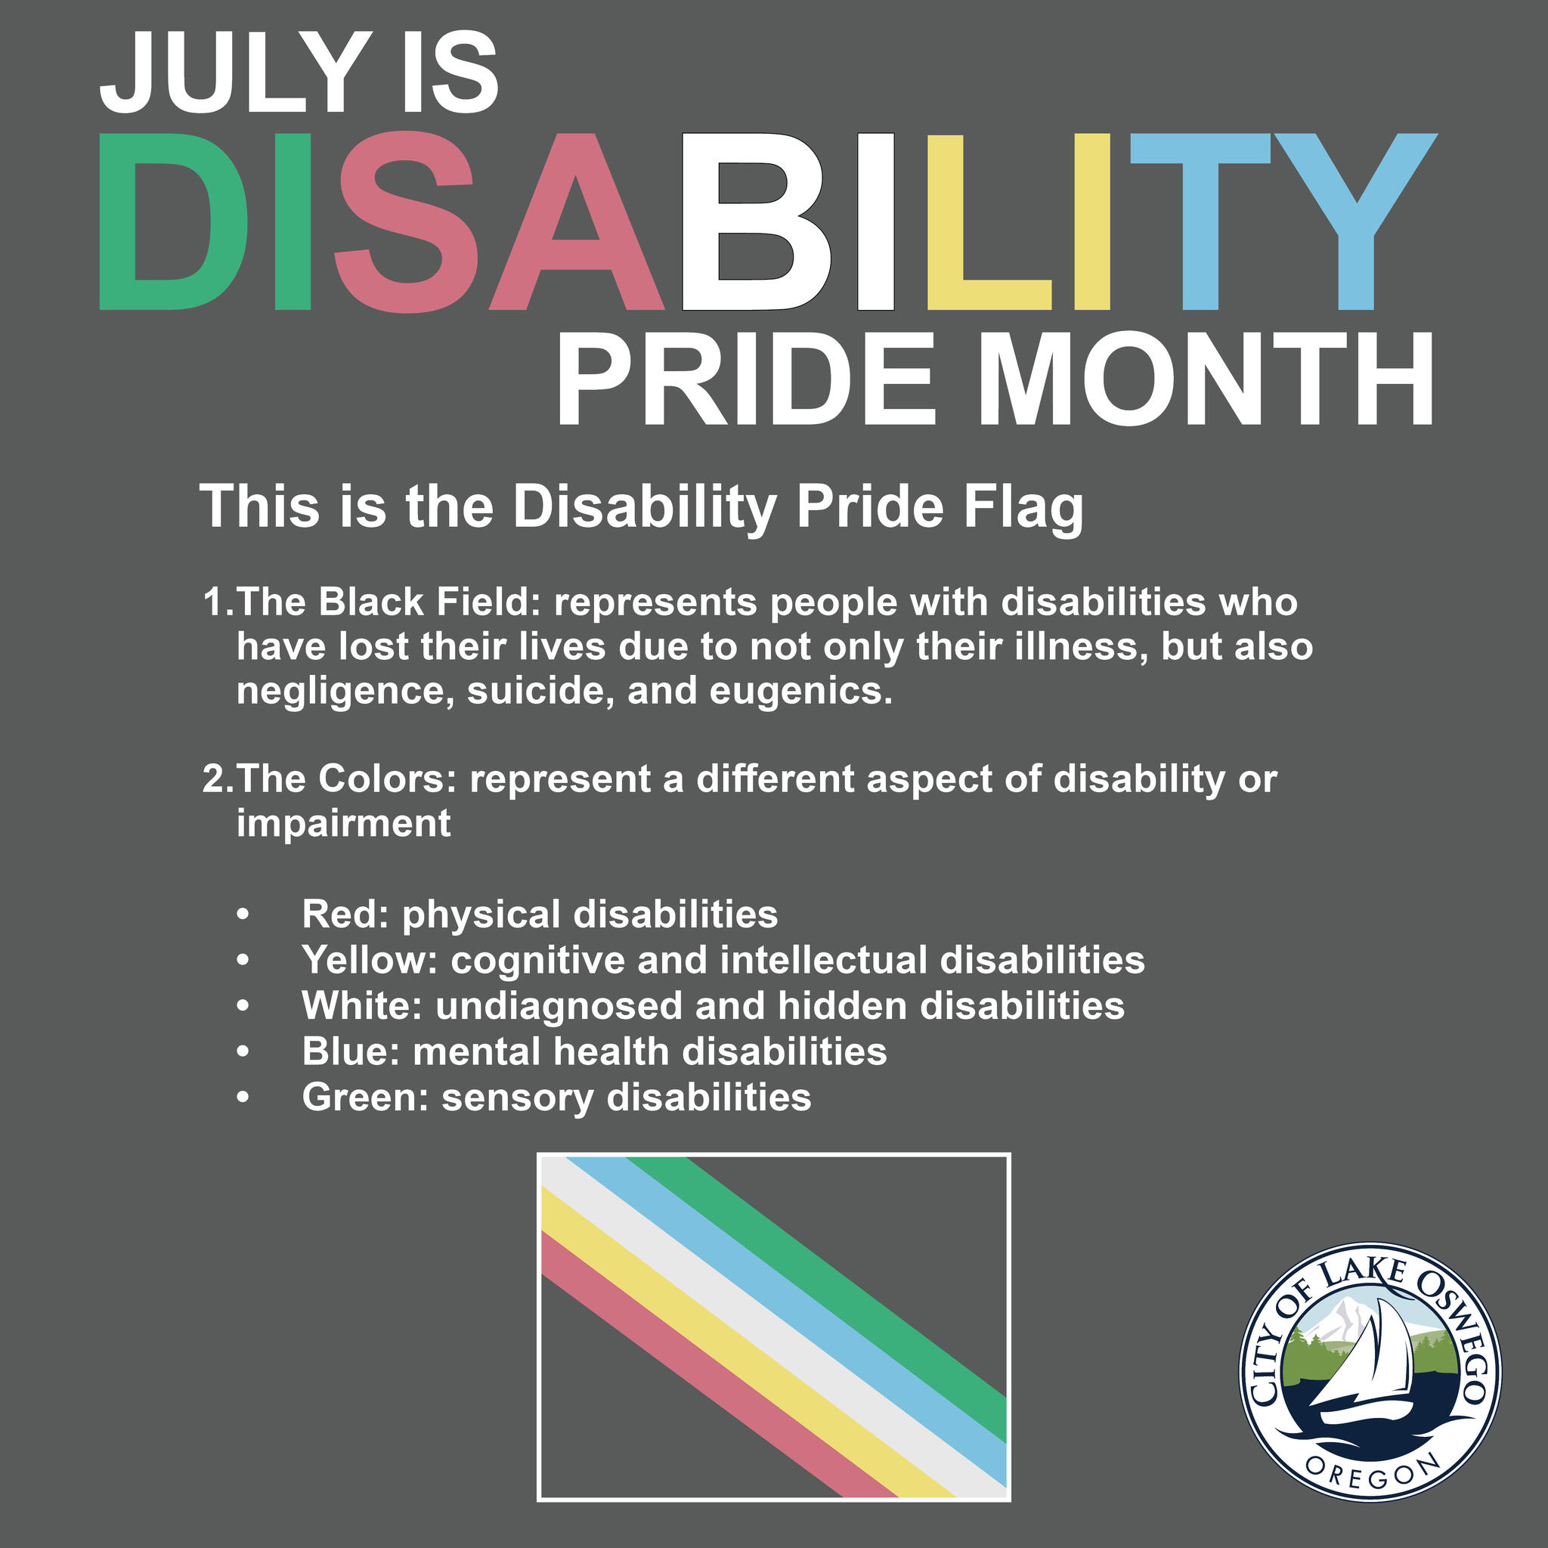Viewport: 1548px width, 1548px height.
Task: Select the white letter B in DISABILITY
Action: (x=757, y=221)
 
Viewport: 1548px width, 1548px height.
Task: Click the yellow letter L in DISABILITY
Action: (x=989, y=221)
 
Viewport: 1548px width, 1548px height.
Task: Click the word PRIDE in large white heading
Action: (x=745, y=378)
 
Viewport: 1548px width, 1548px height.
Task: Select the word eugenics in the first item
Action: (x=800, y=692)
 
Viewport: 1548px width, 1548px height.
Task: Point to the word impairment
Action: (x=343, y=823)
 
